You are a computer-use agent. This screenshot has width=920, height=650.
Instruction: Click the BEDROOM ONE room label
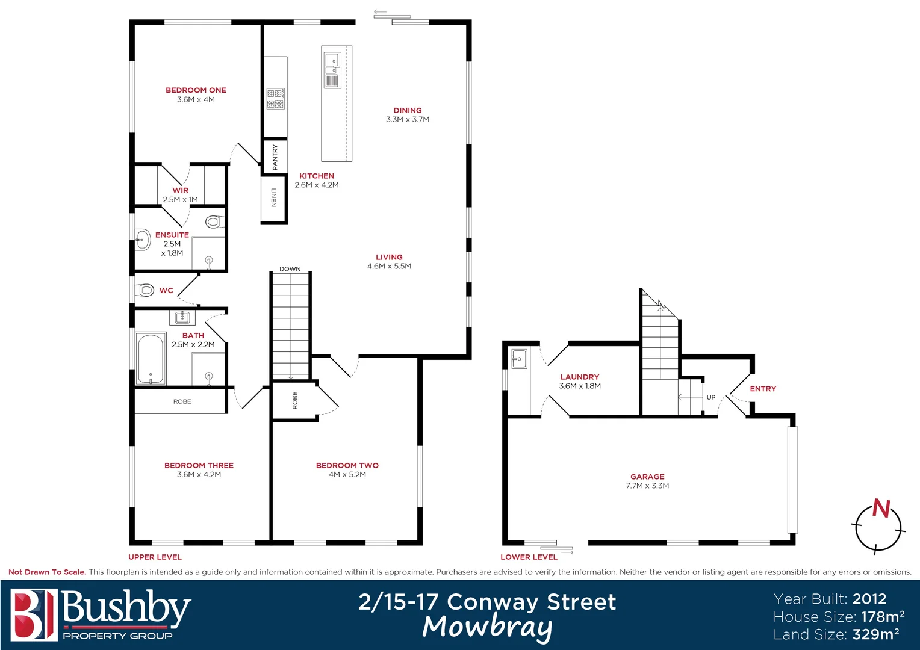[196, 90]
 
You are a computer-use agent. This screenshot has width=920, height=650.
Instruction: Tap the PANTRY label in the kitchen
[275, 156]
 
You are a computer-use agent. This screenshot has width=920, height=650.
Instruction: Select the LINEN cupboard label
[274, 197]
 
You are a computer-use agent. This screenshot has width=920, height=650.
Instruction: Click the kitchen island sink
[332, 61]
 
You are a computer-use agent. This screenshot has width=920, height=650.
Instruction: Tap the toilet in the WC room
[145, 291]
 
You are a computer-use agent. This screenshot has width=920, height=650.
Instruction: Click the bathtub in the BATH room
[151, 359]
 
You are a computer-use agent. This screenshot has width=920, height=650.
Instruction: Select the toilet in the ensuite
[213, 222]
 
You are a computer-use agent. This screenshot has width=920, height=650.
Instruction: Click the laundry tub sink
[518, 359]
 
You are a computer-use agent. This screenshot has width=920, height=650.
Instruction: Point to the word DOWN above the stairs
[290, 269]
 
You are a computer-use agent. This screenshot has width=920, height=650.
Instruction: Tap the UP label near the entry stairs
[711, 397]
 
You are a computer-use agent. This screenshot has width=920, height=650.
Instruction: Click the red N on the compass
[881, 509]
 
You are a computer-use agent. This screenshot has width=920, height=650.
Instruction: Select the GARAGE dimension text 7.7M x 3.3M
[647, 486]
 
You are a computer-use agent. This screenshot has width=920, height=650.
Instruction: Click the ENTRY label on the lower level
[763, 389]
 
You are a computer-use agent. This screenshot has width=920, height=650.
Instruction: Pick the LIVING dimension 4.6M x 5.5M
[389, 266]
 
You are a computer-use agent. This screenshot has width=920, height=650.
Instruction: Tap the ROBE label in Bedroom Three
[182, 401]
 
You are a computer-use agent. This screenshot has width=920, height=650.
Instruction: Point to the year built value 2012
[869, 599]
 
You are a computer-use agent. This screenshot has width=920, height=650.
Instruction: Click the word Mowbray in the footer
[487, 627]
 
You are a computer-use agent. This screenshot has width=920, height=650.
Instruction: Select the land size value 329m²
[875, 634]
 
